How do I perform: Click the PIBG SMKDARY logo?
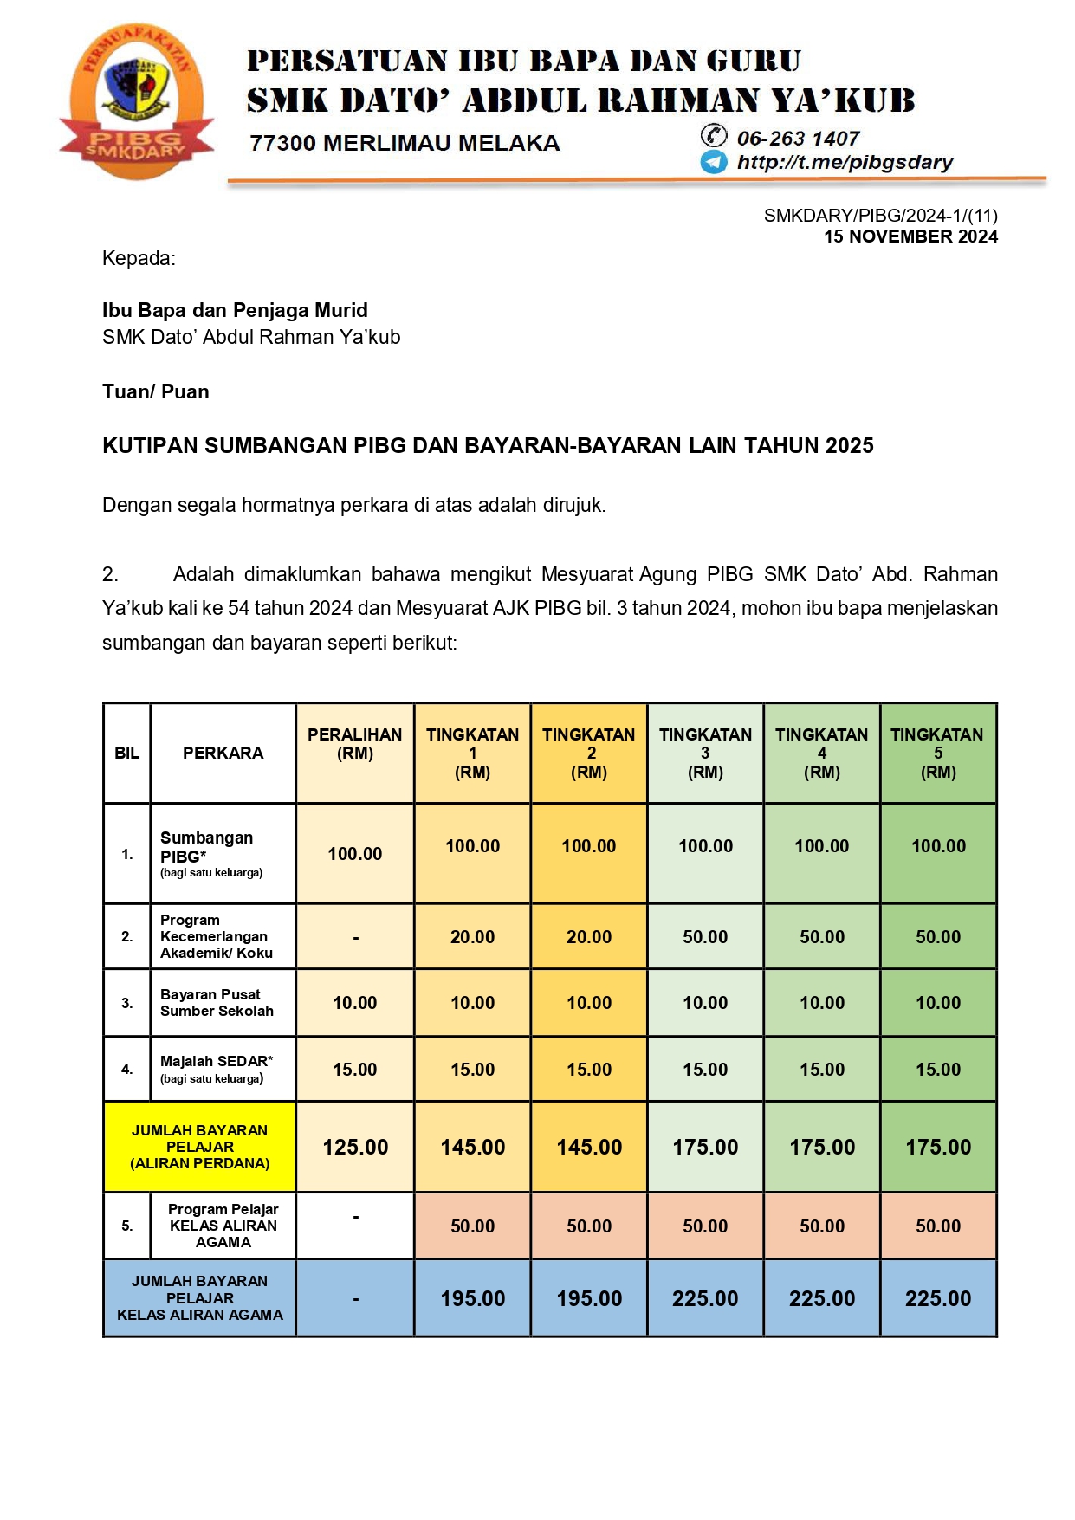pos(136,102)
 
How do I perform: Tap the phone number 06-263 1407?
pos(797,139)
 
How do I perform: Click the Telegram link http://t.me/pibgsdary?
pos(844,163)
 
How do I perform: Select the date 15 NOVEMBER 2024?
pos(910,236)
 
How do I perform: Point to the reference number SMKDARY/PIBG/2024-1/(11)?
pos(880,216)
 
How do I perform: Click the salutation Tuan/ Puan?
pos(156,391)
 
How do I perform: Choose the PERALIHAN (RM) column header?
pos(355,744)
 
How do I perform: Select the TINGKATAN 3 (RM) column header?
pos(705,753)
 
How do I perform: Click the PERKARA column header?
pos(223,753)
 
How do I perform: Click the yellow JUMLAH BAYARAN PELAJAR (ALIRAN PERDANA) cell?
pos(200,1147)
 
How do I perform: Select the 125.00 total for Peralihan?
pos(355,1147)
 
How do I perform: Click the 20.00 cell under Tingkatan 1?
pos(472,937)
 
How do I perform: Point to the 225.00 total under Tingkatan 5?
pos(938,1298)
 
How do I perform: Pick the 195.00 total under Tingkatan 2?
pos(589,1298)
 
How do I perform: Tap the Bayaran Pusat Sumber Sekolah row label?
pos(217,1003)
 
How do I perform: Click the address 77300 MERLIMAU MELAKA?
pos(405,143)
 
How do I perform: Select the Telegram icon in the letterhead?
pos(713,162)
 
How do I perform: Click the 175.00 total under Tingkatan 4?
pos(822,1147)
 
